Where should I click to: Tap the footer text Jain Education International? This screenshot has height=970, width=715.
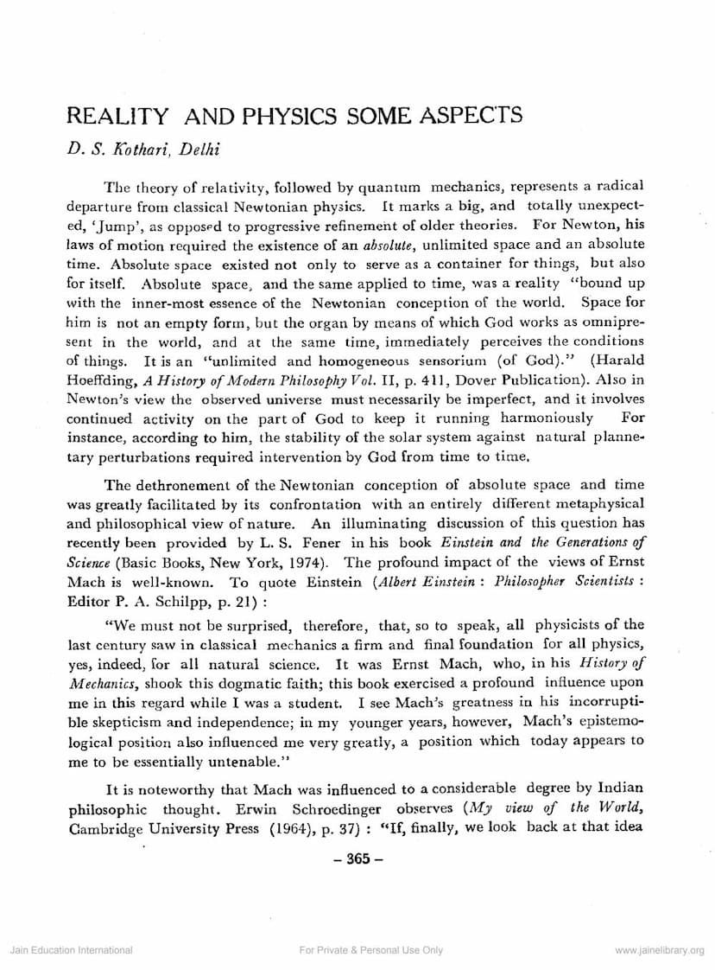[71, 950]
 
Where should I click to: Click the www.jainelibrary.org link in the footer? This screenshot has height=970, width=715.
[660, 950]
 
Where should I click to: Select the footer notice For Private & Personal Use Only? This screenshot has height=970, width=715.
[370, 950]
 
